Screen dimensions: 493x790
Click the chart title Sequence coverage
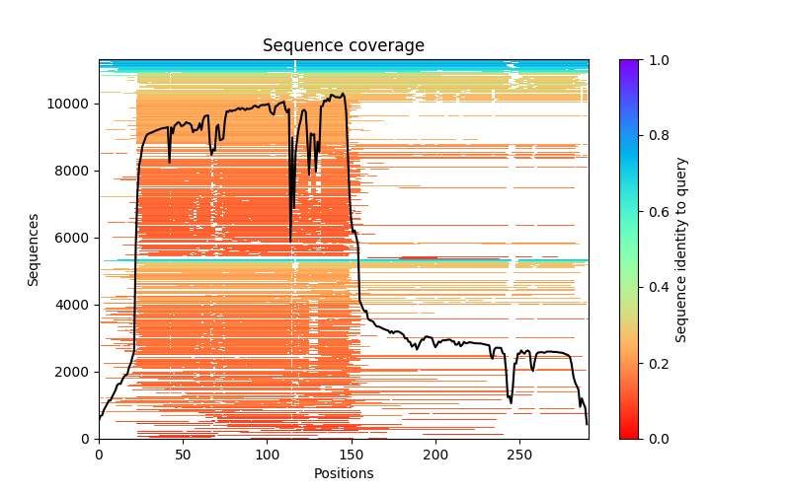pyautogui.click(x=343, y=46)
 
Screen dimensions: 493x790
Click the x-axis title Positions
pyautogui.click(x=343, y=474)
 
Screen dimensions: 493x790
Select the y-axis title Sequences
pyautogui.click(x=34, y=249)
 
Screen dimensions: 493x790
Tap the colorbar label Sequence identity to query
pyautogui.click(x=681, y=249)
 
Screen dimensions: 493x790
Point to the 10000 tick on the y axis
pyautogui.click(x=72, y=104)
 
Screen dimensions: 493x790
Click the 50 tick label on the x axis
pyautogui.click(x=183, y=455)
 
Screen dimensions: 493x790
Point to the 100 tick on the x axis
pyautogui.click(x=268, y=455)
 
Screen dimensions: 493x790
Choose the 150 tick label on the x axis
pyautogui.click(x=352, y=455)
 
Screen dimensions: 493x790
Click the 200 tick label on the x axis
pyautogui.click(x=435, y=455)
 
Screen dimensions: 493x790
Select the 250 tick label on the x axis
pyautogui.click(x=520, y=455)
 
